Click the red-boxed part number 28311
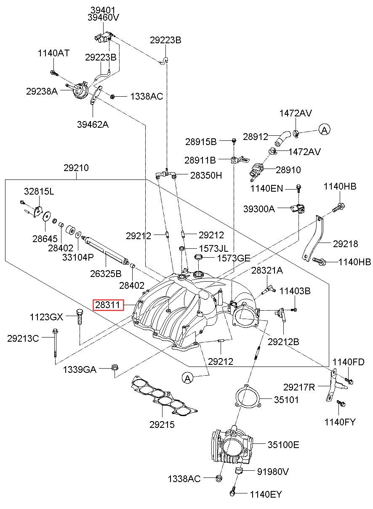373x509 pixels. pos(107,305)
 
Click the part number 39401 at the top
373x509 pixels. pos(103,10)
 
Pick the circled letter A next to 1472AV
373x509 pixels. pos(324,130)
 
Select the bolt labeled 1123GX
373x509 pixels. pos(80,317)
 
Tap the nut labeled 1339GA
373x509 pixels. pos(114,367)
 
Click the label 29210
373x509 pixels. pos(76,168)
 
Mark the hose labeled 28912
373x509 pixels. pos(282,138)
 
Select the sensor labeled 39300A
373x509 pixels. pos(298,208)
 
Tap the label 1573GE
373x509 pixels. pos(234,258)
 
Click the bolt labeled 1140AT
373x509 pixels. pos(54,73)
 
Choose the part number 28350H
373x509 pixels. pos(206,175)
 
